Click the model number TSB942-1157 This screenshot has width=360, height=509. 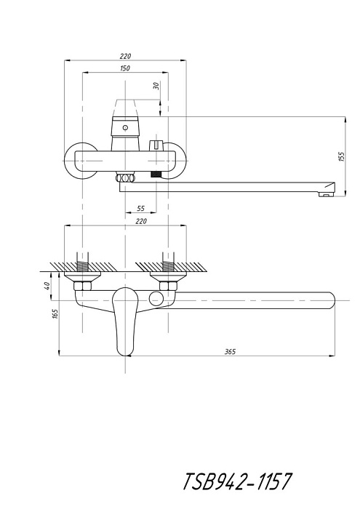(237, 481)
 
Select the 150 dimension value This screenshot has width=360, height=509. (125, 68)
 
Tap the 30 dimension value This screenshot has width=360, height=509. (156, 86)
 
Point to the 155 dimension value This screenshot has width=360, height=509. (342, 157)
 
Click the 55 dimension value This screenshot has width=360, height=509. (141, 208)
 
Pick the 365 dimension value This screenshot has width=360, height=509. (230, 351)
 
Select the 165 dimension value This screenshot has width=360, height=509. (55, 313)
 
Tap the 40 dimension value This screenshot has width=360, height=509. (47, 286)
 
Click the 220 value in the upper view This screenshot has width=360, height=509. (125, 56)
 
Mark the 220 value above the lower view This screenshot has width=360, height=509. (141, 221)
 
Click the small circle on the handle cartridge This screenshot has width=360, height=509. (125, 127)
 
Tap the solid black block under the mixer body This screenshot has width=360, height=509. (156, 175)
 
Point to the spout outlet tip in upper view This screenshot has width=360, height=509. (327, 194)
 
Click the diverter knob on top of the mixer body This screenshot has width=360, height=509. (156, 145)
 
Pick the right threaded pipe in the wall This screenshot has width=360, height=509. (168, 262)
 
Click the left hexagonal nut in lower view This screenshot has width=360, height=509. (82, 286)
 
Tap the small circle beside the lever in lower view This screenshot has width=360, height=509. (156, 298)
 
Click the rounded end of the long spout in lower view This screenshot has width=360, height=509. (332, 300)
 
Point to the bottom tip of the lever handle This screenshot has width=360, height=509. (125, 356)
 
